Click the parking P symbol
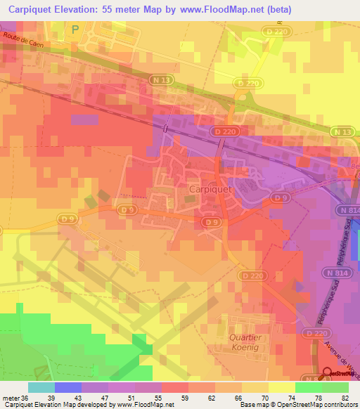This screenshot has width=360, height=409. coord(75,29)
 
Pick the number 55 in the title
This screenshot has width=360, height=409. coord(128,9)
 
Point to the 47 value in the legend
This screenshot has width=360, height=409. coord(103,397)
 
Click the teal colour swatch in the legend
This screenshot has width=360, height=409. coord(41,387)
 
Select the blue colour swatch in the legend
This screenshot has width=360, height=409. coord(68,387)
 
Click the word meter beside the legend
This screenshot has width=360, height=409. coord(10,397)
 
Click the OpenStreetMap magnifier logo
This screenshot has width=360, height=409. coord(327,374)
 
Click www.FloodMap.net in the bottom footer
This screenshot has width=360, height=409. coord(146,405)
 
